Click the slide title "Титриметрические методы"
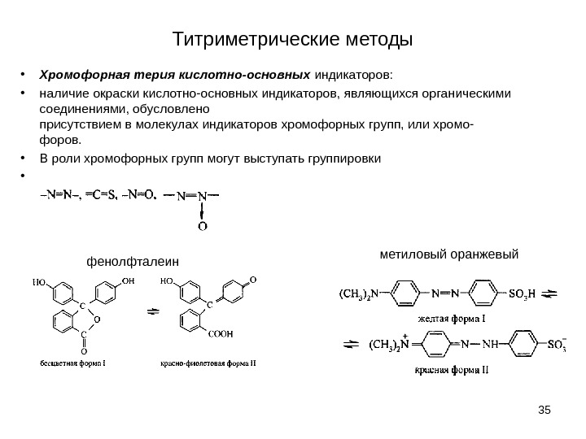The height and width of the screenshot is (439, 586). point(293,39)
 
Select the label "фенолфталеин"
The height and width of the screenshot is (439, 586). point(132,261)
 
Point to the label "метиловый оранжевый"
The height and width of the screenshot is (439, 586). point(449,254)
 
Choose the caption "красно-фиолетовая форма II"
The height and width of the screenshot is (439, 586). point(208,363)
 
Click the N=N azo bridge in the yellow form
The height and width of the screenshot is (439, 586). point(446,293)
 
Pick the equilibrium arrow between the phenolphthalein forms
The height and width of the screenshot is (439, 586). point(151,310)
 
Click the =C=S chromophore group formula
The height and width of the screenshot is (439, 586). point(102,195)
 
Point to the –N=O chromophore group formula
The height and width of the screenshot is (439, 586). point(139,195)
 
